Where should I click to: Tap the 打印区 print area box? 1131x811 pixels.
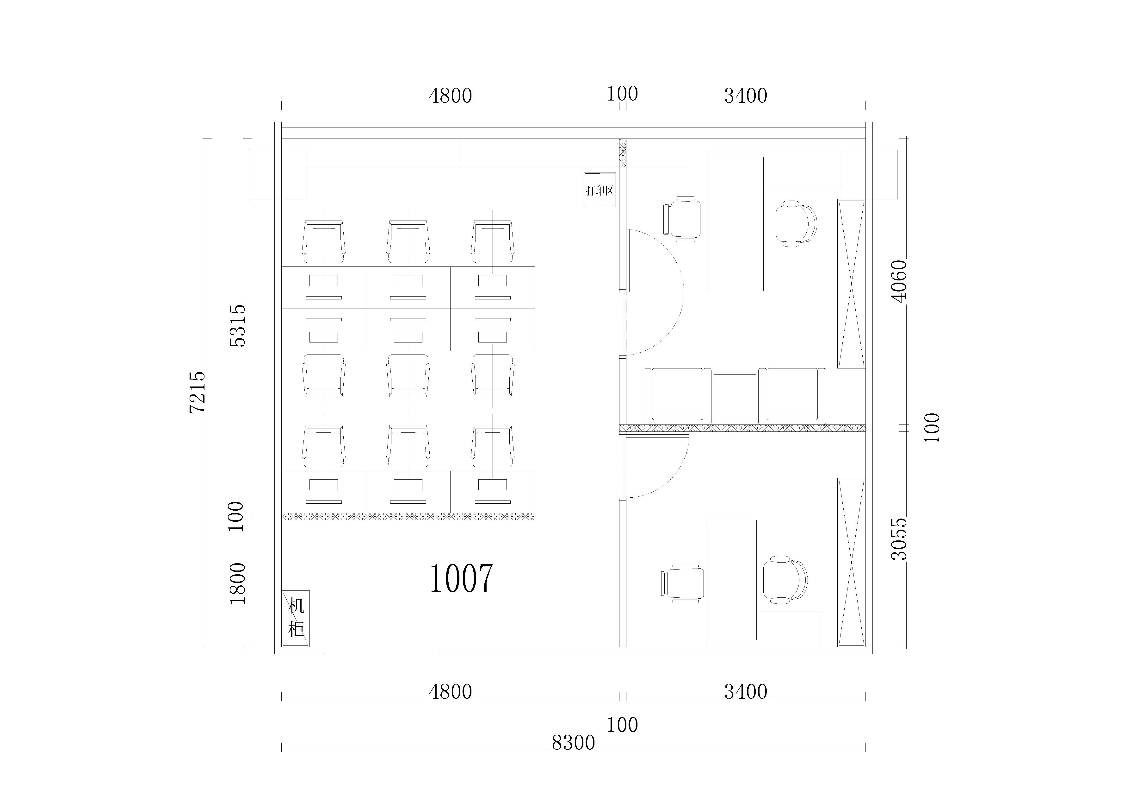(x=600, y=190)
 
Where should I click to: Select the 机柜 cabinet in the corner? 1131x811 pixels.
(x=296, y=619)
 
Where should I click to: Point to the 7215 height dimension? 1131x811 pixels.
(x=198, y=392)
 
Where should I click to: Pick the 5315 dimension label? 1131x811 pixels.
(x=238, y=325)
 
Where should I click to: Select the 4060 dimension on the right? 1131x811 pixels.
(x=899, y=281)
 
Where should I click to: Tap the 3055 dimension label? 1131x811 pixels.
(x=899, y=539)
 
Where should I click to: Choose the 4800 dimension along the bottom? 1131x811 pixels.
(x=450, y=692)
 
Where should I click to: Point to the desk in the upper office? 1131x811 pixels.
(x=735, y=224)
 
